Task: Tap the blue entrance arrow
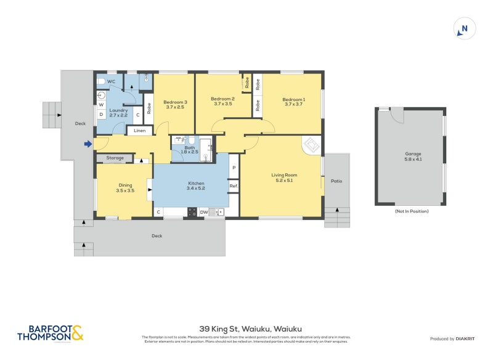tap(88, 144)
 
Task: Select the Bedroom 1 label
tap(293, 102)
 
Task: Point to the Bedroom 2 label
tap(222, 102)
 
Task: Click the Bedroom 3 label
tap(175, 104)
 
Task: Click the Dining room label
tap(125, 187)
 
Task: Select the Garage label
tap(413, 156)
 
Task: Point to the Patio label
tap(336, 181)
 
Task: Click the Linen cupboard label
tap(139, 131)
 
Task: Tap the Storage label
tap(115, 158)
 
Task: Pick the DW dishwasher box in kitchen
tap(203, 213)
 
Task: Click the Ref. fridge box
tap(234, 186)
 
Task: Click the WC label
tap(112, 81)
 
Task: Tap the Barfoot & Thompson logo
tap(49, 333)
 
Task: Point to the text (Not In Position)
tap(412, 211)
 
